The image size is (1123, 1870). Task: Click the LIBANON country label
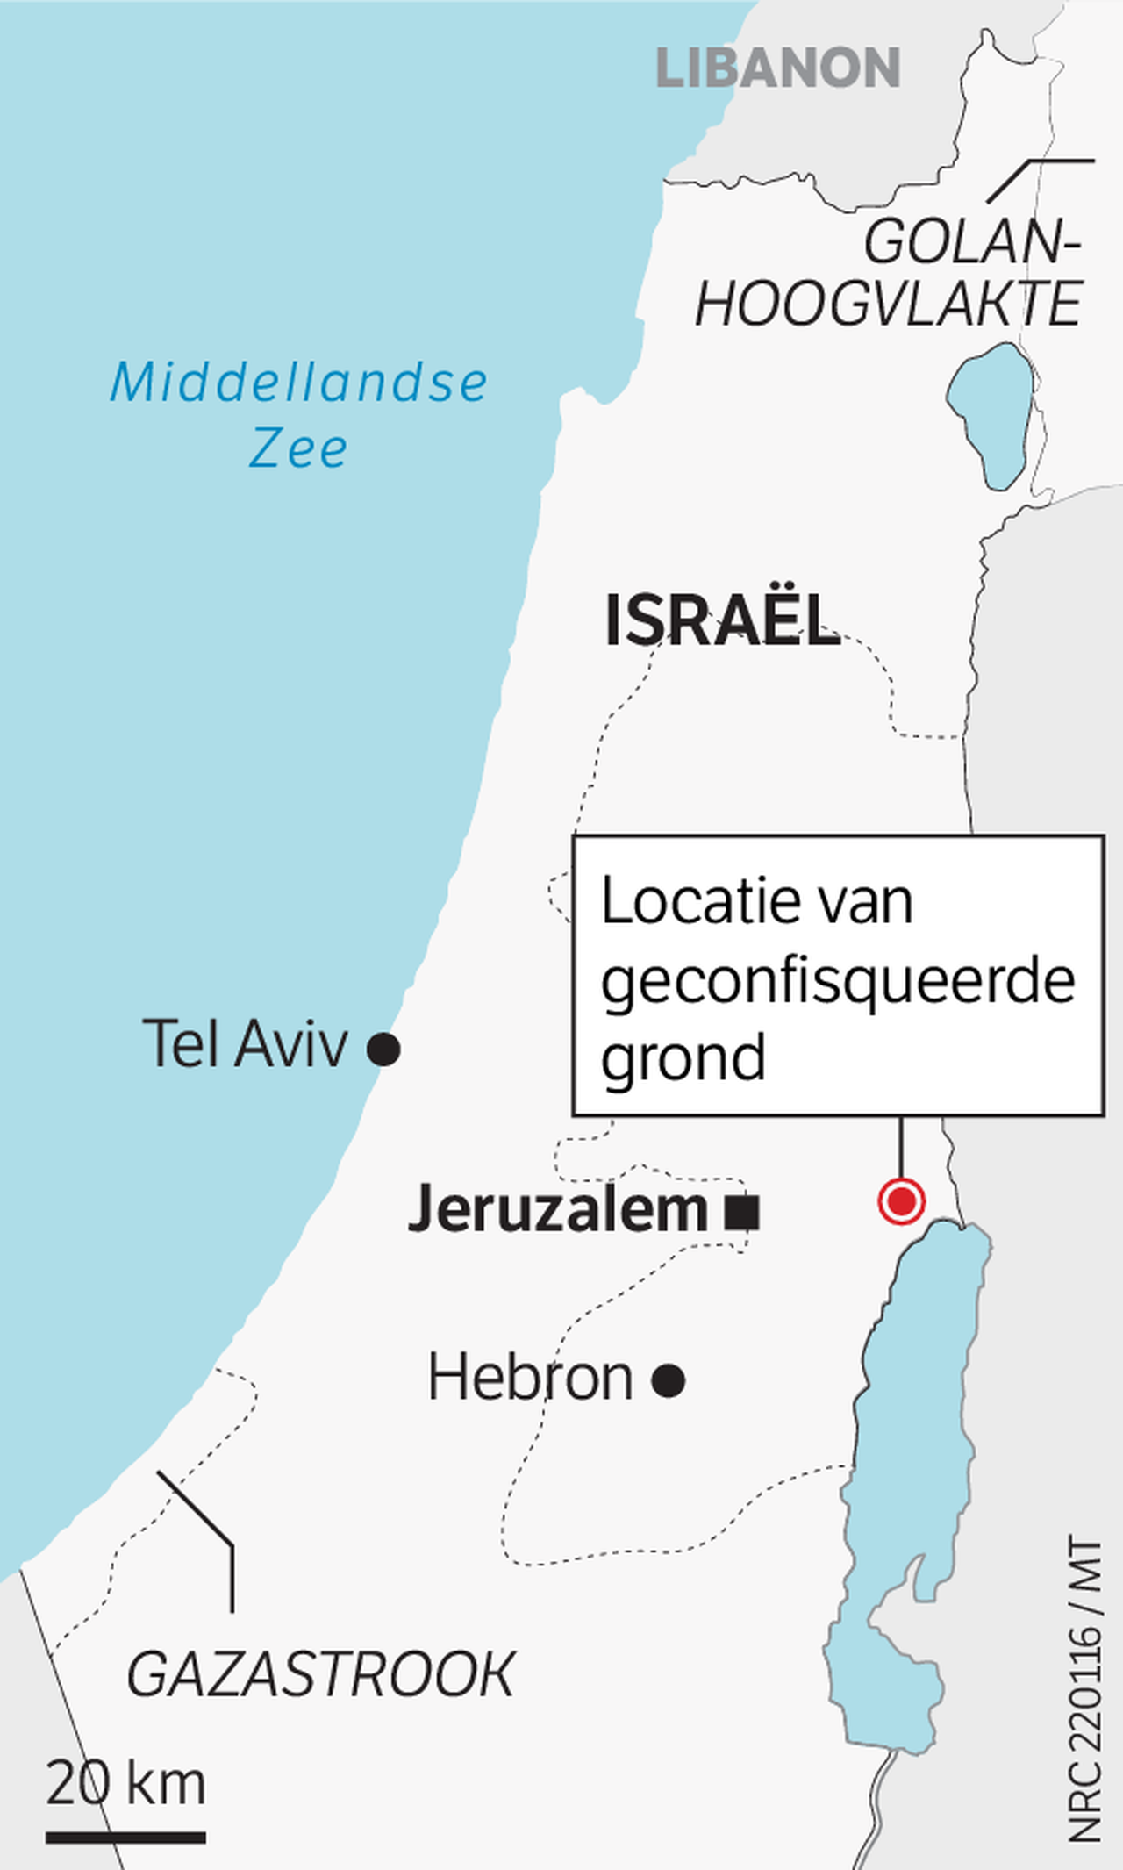point(777,68)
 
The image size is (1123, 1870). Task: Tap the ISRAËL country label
point(722,620)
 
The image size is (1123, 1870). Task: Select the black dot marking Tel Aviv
point(383,1048)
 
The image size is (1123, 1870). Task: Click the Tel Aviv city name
point(245,1044)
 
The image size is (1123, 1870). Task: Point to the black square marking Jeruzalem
point(742,1213)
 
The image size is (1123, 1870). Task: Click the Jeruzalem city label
point(558,1209)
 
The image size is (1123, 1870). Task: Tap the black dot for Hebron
point(668,1380)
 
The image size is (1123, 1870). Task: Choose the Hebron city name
point(530,1377)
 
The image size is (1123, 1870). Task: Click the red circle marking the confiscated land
point(901,1200)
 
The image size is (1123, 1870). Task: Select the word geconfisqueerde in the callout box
point(838,981)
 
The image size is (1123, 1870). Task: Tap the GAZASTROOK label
point(321,1674)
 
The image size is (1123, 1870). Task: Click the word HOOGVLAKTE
point(888,304)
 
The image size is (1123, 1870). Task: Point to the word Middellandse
point(298,383)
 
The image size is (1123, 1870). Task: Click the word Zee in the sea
point(298,448)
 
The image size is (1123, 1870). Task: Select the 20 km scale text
point(126,1782)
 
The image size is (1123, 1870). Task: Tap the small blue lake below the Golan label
point(991,415)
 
